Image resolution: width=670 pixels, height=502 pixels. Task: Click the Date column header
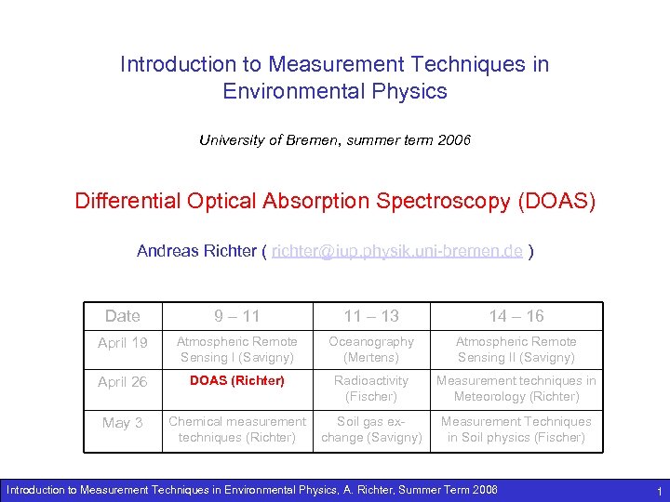[x=123, y=316]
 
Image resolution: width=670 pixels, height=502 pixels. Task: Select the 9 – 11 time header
[x=237, y=316]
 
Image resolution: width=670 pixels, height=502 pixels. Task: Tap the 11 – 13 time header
[x=371, y=316]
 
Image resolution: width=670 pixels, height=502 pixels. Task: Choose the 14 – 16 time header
[x=516, y=316]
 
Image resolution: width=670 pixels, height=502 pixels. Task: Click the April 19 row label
[x=123, y=343]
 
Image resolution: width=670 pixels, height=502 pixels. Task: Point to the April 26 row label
[x=123, y=382]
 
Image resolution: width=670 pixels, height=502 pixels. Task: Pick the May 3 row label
[x=123, y=423]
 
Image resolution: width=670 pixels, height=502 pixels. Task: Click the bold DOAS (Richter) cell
[x=237, y=380]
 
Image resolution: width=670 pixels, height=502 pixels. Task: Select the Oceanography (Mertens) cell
[x=371, y=350]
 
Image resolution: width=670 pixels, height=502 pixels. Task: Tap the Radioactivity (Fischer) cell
[x=371, y=389]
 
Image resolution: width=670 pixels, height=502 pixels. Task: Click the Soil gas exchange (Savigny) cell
[x=371, y=429]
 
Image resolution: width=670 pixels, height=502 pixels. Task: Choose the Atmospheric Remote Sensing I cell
[x=237, y=350]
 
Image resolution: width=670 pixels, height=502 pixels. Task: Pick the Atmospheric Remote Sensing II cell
[x=516, y=350]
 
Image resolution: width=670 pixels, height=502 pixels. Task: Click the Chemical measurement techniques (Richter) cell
[x=237, y=429]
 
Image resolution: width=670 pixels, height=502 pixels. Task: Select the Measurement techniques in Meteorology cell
[x=516, y=389]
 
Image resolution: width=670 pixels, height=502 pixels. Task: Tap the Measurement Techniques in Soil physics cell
[x=516, y=429]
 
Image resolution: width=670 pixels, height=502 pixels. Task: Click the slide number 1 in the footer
[x=658, y=490]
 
